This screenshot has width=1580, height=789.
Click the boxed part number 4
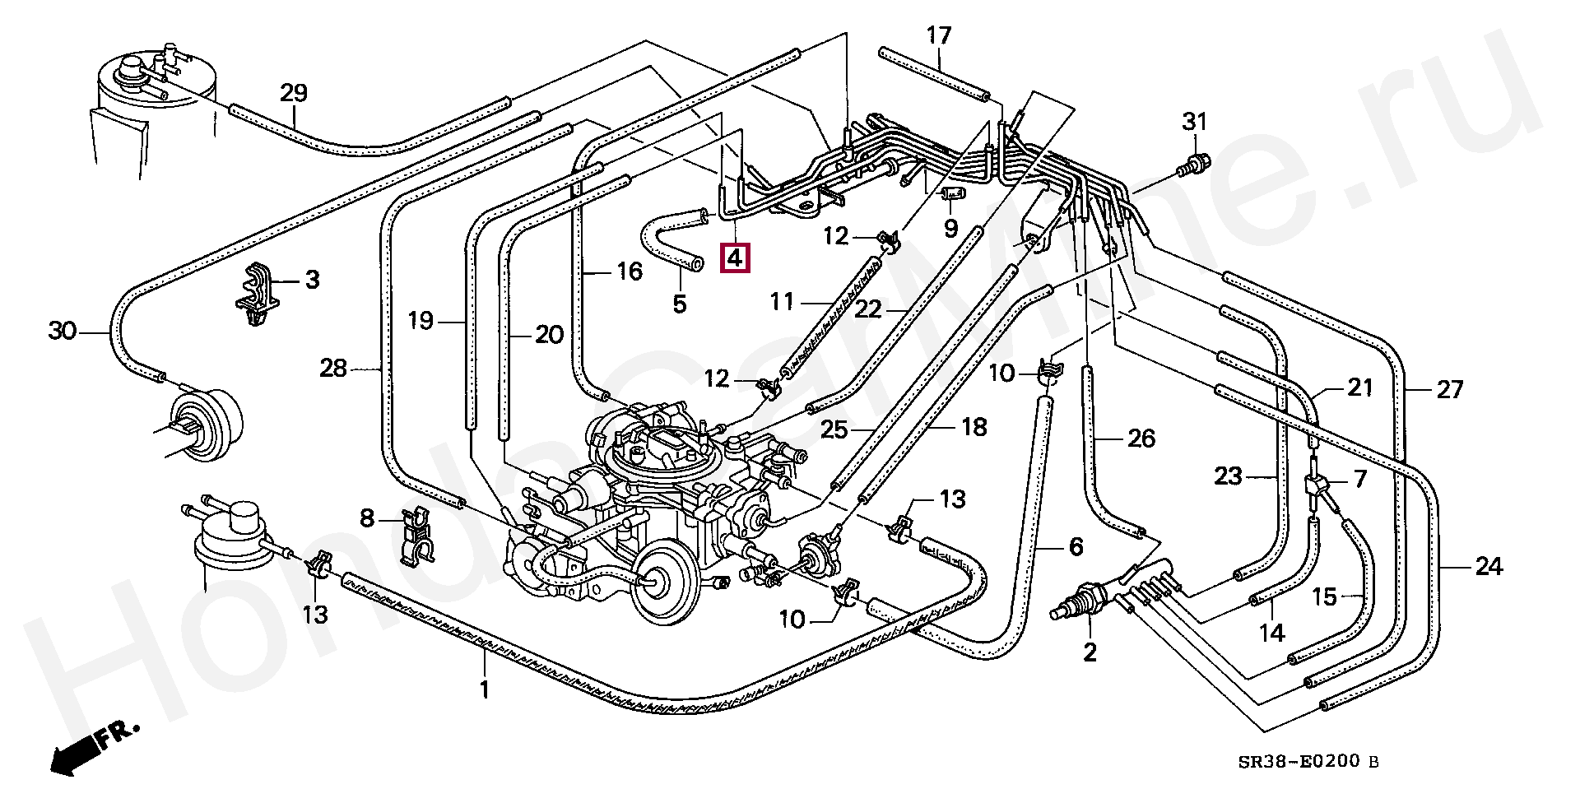click(x=734, y=258)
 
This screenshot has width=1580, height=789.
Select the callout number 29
click(x=293, y=94)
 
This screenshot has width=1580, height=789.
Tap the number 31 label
click(x=1194, y=123)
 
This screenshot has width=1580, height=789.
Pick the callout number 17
click(x=938, y=36)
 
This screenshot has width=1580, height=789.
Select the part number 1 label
click(x=485, y=689)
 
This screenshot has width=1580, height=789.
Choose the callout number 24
click(x=1488, y=567)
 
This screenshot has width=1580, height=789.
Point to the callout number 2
click(x=1090, y=653)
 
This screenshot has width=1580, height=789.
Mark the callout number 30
click(x=62, y=332)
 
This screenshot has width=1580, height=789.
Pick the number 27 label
click(x=1449, y=389)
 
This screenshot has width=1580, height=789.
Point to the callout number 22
click(x=868, y=309)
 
